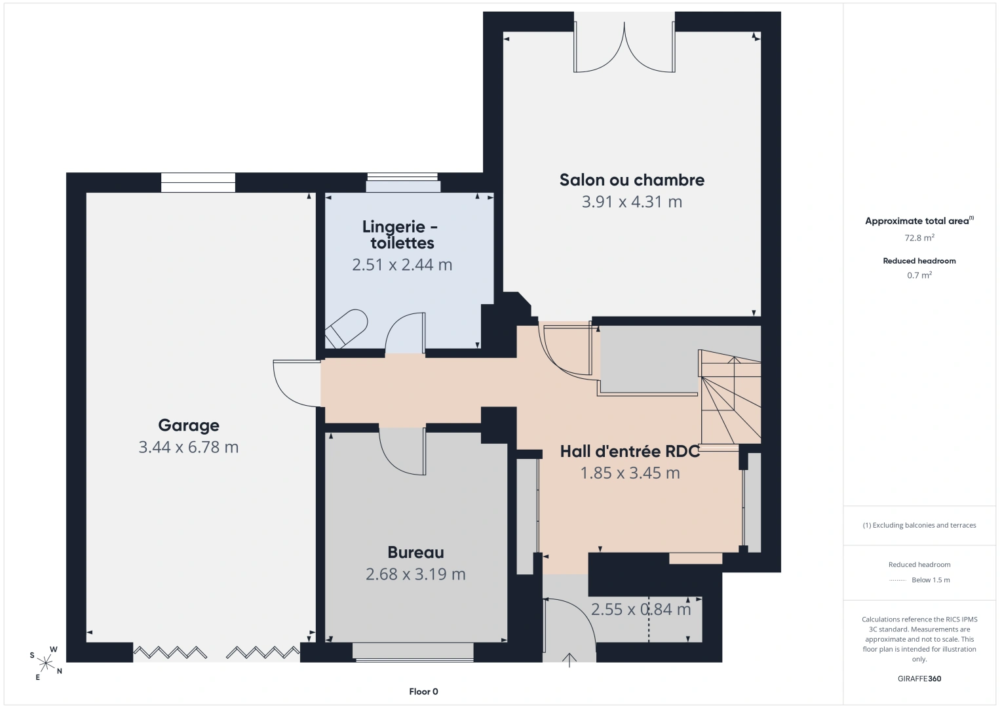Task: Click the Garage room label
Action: pos(188,425)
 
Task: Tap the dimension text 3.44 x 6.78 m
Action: pos(188,447)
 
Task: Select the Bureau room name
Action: pos(415,553)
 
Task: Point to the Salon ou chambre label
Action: pos(632,180)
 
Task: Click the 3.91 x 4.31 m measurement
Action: pos(632,202)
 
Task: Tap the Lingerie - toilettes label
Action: pos(400,235)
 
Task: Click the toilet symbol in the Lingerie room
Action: pos(346,328)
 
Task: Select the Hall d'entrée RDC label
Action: pos(630,451)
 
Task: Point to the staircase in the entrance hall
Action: pos(729,397)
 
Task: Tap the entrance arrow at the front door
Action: pos(569,659)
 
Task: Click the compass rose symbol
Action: pos(45,663)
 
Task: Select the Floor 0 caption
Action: pos(424,692)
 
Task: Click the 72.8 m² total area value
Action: pos(919,237)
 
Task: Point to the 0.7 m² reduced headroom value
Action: pos(919,275)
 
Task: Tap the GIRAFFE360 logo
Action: pos(919,678)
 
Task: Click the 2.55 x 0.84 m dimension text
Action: pos(641,609)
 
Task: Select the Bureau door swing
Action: pos(402,452)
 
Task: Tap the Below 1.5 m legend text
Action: pos(931,580)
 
